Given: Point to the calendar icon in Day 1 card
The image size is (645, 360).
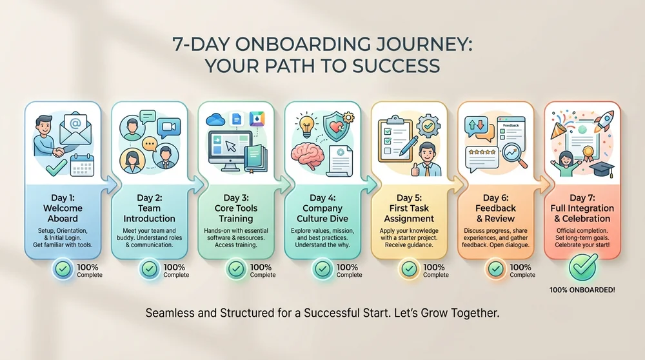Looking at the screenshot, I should [83, 166].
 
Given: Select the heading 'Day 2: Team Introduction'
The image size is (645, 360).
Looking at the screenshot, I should [150, 208].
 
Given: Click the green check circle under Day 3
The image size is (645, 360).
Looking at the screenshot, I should [236, 268].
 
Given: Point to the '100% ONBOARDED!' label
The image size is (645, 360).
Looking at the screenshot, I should [582, 290].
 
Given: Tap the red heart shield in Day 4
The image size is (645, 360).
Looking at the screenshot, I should [336, 125].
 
